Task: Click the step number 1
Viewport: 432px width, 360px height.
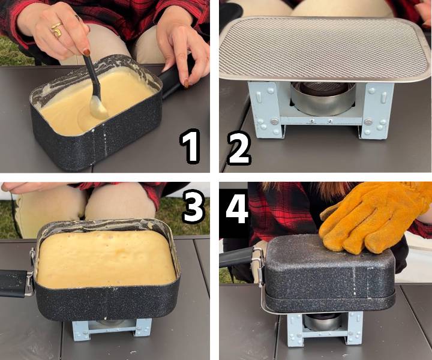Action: tap(190, 146)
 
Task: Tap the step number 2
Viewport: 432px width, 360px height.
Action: tap(239, 149)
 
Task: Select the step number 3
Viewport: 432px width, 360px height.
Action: tap(194, 206)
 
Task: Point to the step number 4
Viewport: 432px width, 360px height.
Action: tap(237, 209)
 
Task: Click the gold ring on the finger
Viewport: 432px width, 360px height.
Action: tap(57, 30)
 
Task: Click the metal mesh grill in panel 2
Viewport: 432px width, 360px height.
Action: tap(325, 49)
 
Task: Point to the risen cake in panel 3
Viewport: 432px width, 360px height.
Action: tap(106, 259)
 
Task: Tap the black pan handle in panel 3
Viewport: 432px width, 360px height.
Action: tap(14, 283)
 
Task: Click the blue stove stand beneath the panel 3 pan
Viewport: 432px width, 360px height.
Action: tap(112, 329)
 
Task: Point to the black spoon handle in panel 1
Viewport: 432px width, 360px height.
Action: tap(91, 74)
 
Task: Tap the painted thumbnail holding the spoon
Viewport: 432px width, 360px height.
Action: tap(87, 52)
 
